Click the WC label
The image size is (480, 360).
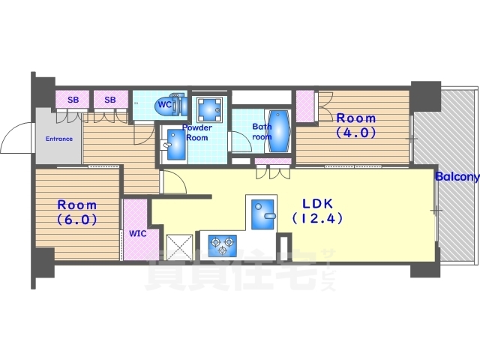pyautogui.click(x=164, y=105)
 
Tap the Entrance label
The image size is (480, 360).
pyautogui.click(x=59, y=139)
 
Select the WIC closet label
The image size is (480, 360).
pyautogui.click(x=137, y=234)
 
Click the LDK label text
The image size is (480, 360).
pyautogui.click(x=317, y=203)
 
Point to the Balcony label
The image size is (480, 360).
pyautogui.click(x=457, y=177)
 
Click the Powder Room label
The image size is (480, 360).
pyautogui.click(x=197, y=133)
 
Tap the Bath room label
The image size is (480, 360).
pyautogui.click(x=262, y=132)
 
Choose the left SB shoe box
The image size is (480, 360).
pyautogui.click(x=72, y=99)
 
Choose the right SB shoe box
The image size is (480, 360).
pyautogui.click(x=110, y=99)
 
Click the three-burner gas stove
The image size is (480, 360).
pyautogui.click(x=223, y=245)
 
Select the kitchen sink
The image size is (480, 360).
pyautogui.click(x=262, y=214)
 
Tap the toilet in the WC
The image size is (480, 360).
pyautogui.click(x=172, y=106)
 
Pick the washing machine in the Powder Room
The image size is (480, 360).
pyautogui.click(x=209, y=109)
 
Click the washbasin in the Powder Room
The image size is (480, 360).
pyautogui.click(x=175, y=145)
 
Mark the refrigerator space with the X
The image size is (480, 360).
pyautogui.click(x=179, y=247)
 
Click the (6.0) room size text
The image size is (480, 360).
pyautogui.click(x=76, y=220)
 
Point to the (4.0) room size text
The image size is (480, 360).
pyautogui.click(x=355, y=133)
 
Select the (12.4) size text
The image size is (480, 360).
pyautogui.click(x=317, y=218)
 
